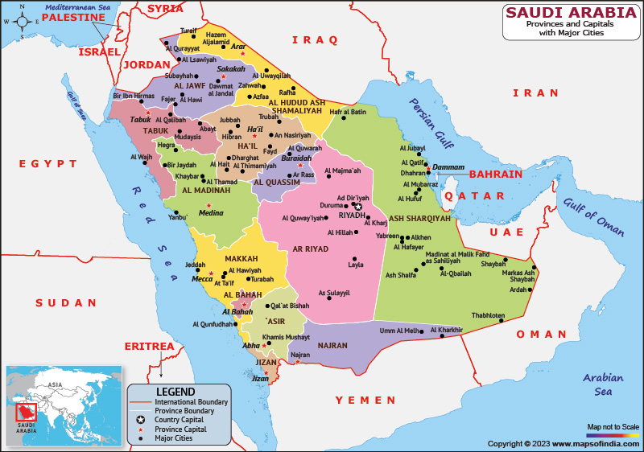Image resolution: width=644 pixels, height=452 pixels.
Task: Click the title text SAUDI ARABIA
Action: click(570, 13)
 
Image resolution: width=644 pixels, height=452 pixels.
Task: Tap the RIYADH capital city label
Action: click(352, 216)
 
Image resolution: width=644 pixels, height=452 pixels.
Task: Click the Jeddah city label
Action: click(196, 264)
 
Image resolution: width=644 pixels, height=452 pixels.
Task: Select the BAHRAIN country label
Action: click(496, 174)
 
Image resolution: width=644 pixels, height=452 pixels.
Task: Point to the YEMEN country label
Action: click(365, 400)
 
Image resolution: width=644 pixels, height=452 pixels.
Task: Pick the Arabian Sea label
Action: click(603, 384)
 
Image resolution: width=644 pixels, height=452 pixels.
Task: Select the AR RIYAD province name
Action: click(311, 249)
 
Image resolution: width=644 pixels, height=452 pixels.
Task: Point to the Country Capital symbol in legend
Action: click(141, 420)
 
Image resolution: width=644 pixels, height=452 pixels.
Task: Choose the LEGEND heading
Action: click(175, 390)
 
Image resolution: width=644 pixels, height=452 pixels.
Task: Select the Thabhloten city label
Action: click(488, 315)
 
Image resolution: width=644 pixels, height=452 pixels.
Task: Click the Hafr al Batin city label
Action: click(348, 112)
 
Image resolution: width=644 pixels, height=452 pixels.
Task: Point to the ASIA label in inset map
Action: click(55, 384)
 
